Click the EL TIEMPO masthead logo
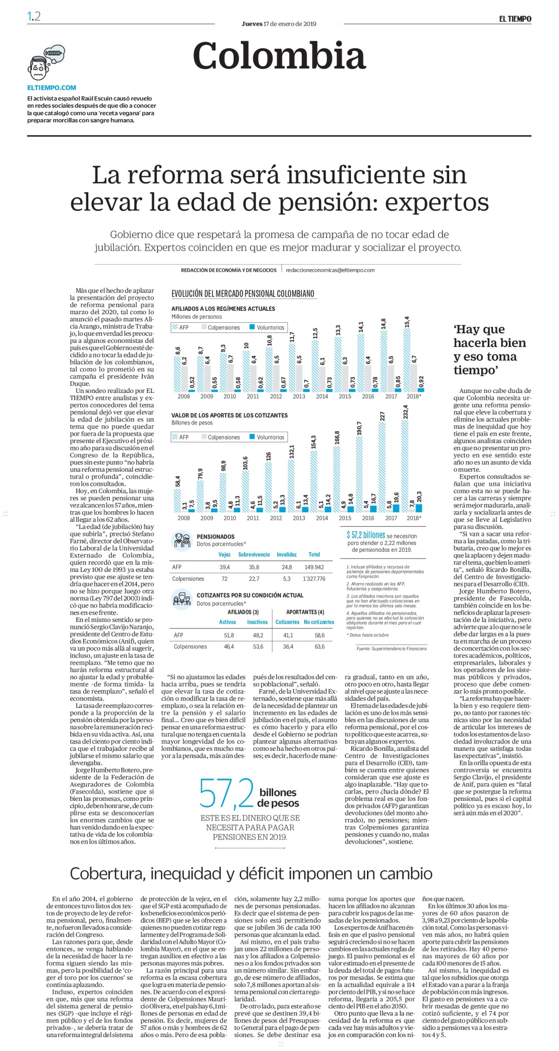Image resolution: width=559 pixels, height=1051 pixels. [515, 19]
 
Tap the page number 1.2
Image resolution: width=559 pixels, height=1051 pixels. [34, 17]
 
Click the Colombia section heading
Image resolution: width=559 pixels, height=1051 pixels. [279, 55]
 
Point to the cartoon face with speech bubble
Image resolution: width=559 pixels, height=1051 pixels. [46, 62]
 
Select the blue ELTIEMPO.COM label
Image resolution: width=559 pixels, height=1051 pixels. [52, 87]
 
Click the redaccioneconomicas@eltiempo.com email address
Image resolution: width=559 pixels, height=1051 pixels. [330, 270]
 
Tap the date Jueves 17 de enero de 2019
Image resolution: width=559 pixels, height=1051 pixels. [279, 24]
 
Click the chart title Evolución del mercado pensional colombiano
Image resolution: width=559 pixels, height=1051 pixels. [243, 294]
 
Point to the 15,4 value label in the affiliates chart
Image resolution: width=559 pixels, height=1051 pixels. [407, 321]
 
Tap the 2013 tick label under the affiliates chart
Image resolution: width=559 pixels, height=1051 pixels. [299, 396]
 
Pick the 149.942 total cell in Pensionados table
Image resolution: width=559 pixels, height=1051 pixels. [314, 567]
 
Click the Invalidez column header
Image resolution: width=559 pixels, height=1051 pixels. [287, 554]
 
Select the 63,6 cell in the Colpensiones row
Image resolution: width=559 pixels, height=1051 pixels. [319, 647]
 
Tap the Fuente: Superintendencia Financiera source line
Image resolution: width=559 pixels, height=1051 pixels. [392, 649]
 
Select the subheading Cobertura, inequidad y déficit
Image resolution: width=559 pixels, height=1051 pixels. [251, 874]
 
